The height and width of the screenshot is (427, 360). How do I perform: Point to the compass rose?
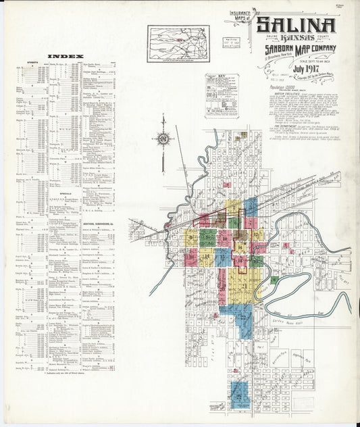tap(163, 138)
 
